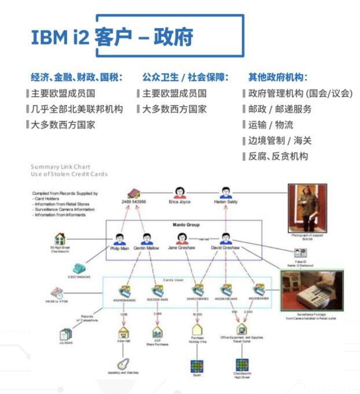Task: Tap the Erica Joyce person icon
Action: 179,192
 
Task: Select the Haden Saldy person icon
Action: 225,192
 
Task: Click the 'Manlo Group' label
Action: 182,225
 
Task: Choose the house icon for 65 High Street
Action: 59,239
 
